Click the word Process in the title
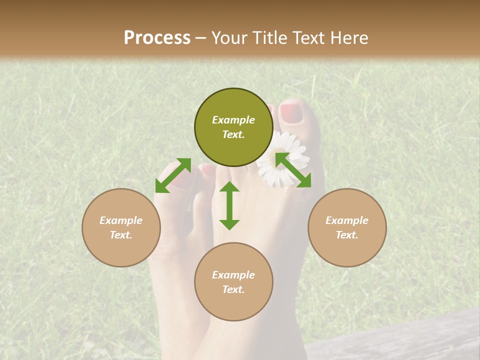tap(157, 37)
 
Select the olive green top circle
tap(233, 127)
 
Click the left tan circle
tap(121, 227)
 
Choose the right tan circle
tap(347, 227)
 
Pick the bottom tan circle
tap(233, 281)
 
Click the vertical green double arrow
tap(229, 205)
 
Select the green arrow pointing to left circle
tap(173, 175)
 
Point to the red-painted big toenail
tap(291, 113)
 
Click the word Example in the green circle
tap(233, 120)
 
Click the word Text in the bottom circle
tap(233, 289)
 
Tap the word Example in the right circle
tap(347, 220)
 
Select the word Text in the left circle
tap(121, 235)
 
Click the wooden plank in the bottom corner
tap(400, 340)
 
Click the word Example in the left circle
tap(121, 220)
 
